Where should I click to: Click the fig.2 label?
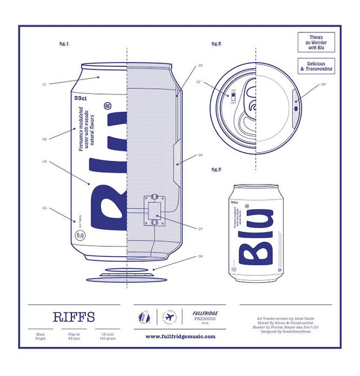[x=216, y=43]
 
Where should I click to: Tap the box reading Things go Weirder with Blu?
[x=316, y=43]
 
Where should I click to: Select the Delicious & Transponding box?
[x=316, y=66]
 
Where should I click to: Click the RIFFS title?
[x=73, y=317]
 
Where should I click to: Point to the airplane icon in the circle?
[x=168, y=317]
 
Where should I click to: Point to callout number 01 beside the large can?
[x=44, y=85]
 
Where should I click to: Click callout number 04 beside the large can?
[x=44, y=208]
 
